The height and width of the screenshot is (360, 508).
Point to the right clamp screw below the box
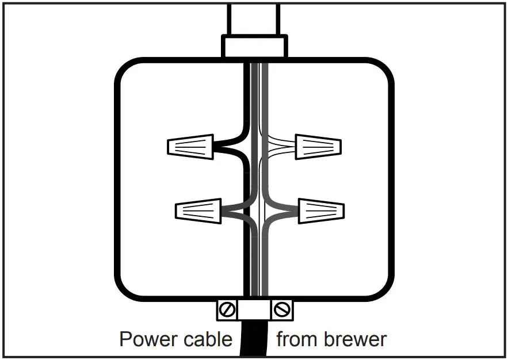coord(281,311)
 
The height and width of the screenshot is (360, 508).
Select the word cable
coord(208,339)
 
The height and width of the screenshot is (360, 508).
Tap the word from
coord(297,339)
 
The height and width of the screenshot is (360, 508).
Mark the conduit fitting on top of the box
coord(254,46)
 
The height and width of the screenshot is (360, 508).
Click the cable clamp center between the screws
coord(254,311)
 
